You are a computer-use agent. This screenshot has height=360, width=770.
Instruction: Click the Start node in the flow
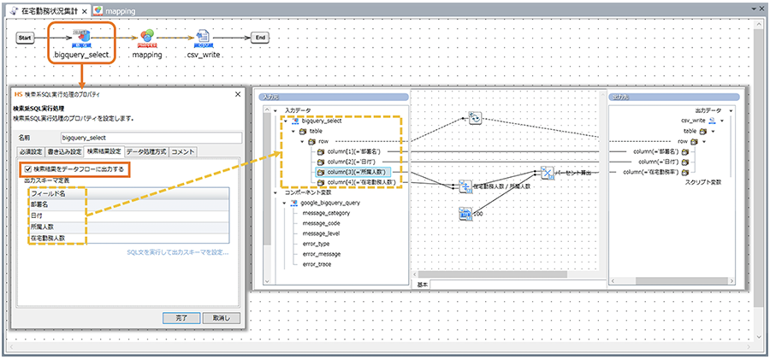coord(26,38)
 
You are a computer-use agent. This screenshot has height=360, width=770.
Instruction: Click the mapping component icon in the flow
coord(147,36)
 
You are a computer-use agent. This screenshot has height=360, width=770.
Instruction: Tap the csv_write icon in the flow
coord(203,36)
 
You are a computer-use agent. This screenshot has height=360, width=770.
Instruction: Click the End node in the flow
coord(262,38)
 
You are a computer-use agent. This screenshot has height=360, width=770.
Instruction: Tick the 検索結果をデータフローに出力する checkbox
coord(29,169)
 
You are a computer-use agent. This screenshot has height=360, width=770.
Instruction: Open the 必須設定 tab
coord(31,152)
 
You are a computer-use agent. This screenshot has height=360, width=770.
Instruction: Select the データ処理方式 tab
coord(146,152)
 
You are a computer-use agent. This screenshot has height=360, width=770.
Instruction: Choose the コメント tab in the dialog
coord(183,152)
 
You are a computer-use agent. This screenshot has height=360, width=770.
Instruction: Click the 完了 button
coord(181,317)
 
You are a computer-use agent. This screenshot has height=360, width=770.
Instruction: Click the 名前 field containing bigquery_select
coord(151,136)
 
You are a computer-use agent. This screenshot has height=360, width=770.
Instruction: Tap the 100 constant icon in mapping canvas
coord(465,214)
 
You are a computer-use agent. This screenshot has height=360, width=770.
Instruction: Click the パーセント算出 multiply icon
coord(548,174)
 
